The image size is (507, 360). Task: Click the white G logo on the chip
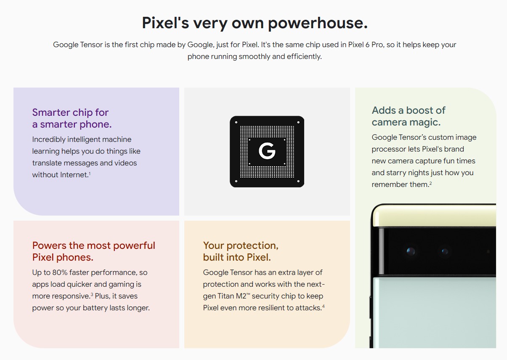pos(267,151)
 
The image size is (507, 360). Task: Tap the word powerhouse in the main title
pos(318,23)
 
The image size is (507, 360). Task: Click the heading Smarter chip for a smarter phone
pos(72,118)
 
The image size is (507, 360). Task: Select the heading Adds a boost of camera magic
pos(409,116)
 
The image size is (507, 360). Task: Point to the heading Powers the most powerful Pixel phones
pos(94,251)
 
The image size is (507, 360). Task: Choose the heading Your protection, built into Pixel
pos(241,251)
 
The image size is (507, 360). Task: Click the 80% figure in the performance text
pos(60,272)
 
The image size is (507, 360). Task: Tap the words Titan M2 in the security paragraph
pos(232,296)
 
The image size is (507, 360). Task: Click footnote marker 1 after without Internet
pos(90,173)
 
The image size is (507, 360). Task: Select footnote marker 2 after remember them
pos(430,183)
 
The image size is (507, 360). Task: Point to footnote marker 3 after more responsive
pos(92,294)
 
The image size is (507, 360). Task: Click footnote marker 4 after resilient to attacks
pos(324,306)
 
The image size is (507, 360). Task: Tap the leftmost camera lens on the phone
pos(411,251)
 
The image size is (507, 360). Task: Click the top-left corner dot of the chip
pos(236,123)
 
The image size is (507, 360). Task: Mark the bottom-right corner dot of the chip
pos(298,181)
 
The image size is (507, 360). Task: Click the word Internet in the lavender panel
pos(74,175)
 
